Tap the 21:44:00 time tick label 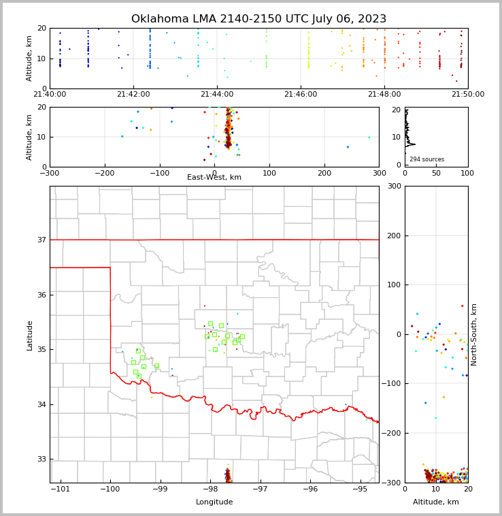coord(217,95)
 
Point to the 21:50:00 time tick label coord(467,95)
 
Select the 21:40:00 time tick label coord(50,95)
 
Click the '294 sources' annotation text coord(426,159)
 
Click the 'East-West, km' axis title coord(214,178)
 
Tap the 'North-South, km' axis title coord(474,334)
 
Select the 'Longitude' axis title coord(214,502)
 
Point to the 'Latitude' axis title coord(29,335)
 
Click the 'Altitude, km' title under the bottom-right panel coord(436,502)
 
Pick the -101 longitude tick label coord(61,489)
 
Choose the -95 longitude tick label coord(360,489)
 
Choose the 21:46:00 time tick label coord(301,95)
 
